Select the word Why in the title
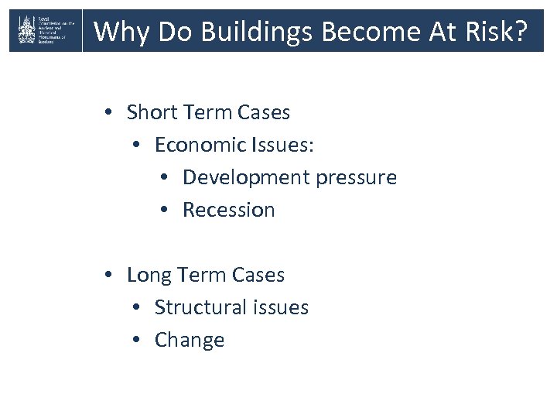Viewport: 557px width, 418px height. click(116, 32)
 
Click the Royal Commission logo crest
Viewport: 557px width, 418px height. click(26, 31)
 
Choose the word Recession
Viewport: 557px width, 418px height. click(228, 210)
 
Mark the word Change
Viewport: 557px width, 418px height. click(190, 340)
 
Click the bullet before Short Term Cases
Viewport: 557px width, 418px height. click(110, 113)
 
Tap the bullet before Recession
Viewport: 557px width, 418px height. click(166, 211)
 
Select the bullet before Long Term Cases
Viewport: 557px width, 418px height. click(110, 276)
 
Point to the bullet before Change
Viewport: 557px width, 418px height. click(138, 341)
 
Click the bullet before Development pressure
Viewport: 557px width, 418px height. click(166, 178)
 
